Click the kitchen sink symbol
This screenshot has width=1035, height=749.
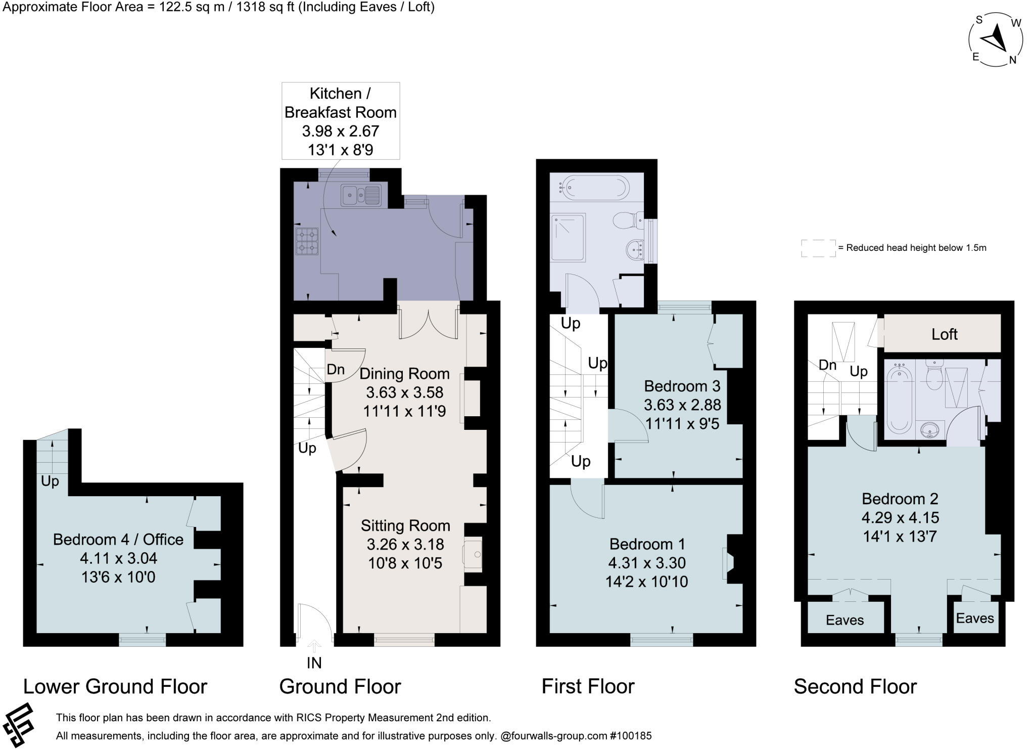point(360,195)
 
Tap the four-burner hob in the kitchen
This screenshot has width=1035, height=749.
point(307,240)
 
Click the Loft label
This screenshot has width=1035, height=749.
point(944,334)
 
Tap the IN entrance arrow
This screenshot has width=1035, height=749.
point(314,647)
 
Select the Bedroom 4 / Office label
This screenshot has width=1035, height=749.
point(118,539)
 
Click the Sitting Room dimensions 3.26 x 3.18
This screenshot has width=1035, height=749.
point(405,544)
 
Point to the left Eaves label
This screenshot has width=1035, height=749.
point(844,620)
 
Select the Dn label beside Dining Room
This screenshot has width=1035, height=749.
point(335,369)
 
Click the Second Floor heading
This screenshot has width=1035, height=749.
point(855,686)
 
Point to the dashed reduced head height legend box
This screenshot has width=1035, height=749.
point(818,248)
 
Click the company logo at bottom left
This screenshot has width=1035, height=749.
point(18,724)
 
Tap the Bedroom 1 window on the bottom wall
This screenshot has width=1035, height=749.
point(662,640)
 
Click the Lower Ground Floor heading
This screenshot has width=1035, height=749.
point(115,686)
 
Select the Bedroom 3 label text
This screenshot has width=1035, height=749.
point(682,386)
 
